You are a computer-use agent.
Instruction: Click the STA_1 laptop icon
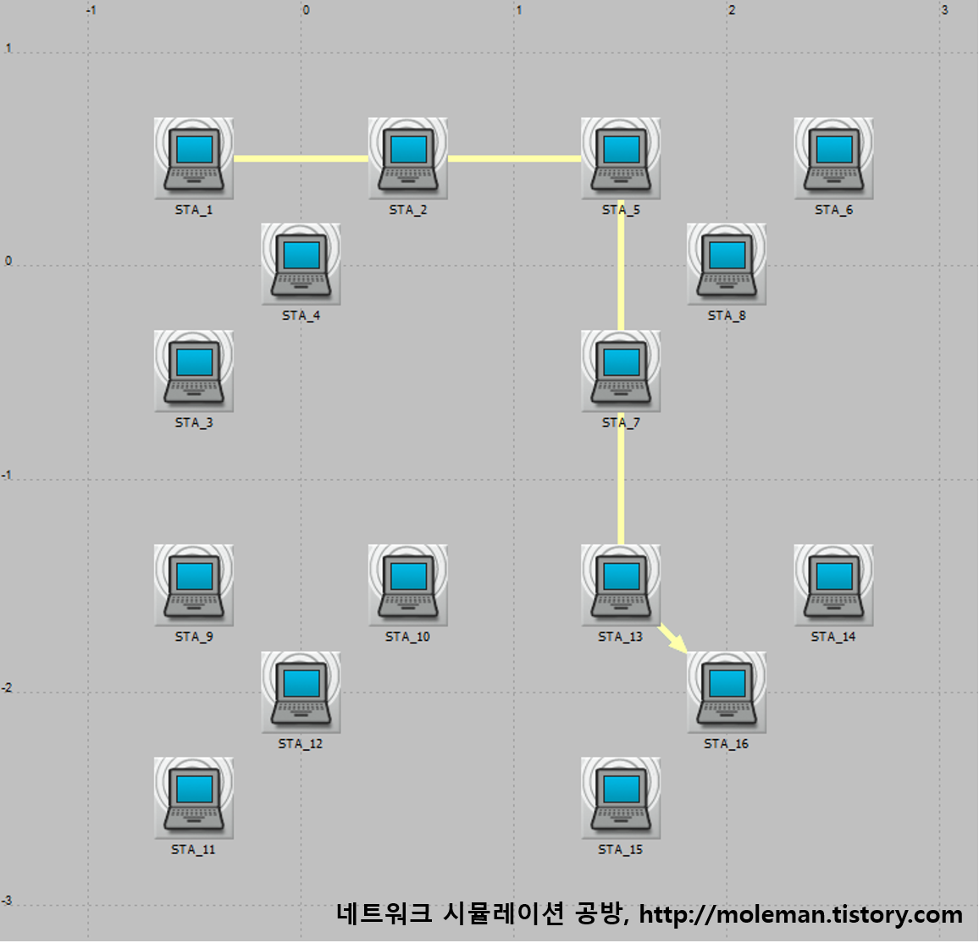[194, 157]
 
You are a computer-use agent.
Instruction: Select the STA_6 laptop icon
[833, 157]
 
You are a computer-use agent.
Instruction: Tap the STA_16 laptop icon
[727, 691]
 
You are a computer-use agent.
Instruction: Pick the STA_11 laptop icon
[194, 797]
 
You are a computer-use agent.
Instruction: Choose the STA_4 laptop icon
[301, 263]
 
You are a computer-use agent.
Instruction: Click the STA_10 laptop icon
[407, 584]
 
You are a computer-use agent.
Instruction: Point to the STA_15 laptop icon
[621, 797]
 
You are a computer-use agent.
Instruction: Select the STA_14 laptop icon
[833, 584]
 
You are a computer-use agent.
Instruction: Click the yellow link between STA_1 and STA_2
[301, 157]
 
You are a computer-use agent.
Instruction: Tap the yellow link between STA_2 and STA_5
[514, 157]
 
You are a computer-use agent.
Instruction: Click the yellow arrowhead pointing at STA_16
[678, 643]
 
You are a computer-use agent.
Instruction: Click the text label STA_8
[727, 316]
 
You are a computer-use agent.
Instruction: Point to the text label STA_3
[194, 422]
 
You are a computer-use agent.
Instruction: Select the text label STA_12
[301, 744]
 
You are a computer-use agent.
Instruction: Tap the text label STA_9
[194, 637]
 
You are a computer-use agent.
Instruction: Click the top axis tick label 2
[732, 10]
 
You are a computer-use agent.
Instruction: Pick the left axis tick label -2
[8, 688]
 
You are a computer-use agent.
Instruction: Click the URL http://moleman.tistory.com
[800, 914]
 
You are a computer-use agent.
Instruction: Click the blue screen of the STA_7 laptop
[621, 361]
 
